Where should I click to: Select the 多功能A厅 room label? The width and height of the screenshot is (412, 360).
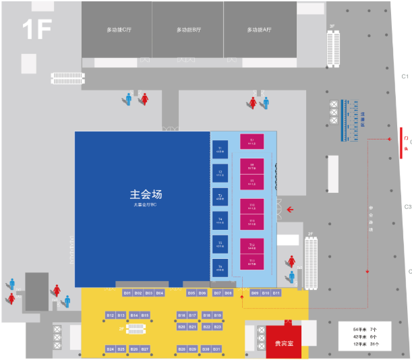pyautogui.click(x=259, y=30)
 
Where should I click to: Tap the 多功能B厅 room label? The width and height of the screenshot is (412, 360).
pyautogui.click(x=188, y=30)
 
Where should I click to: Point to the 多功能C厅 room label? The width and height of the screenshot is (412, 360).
pyautogui.click(x=119, y=30)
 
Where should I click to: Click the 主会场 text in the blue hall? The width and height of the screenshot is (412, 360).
pyautogui.click(x=146, y=194)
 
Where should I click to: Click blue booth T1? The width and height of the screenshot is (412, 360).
pyautogui.click(x=220, y=149)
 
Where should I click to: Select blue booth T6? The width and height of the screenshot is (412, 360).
pyautogui.click(x=220, y=267)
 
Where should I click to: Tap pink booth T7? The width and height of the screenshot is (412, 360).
pyautogui.click(x=252, y=142)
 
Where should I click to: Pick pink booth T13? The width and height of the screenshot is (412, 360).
pyautogui.click(x=252, y=262)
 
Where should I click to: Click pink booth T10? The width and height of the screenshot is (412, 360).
pyautogui.click(x=252, y=205)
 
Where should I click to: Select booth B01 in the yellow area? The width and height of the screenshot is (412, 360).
pyautogui.click(x=127, y=293)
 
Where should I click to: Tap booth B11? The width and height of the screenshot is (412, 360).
pyautogui.click(x=276, y=293)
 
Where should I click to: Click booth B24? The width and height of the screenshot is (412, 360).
pyautogui.click(x=111, y=349)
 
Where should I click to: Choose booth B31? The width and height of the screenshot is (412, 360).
pyautogui.click(x=216, y=349)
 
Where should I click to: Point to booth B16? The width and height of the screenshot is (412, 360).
pyautogui.click(x=181, y=315)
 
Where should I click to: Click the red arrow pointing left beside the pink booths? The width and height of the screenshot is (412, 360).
pyautogui.click(x=290, y=209)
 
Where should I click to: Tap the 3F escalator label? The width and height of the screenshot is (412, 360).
pyautogui.click(x=332, y=26)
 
